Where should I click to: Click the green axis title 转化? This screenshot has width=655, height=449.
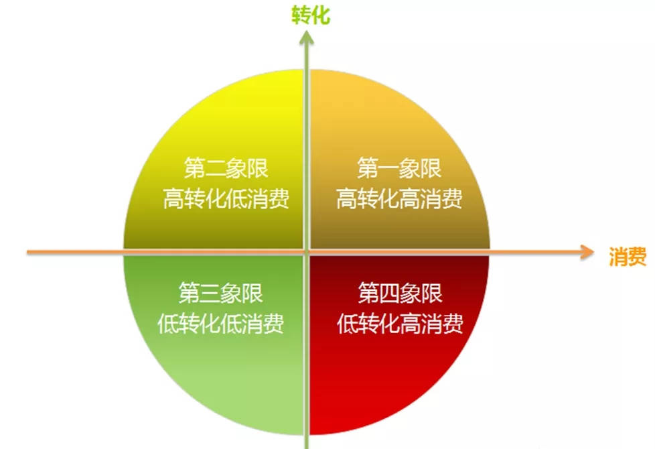click(x=311, y=15)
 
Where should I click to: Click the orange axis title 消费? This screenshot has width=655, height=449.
click(x=628, y=256)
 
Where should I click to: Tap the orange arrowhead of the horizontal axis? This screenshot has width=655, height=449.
click(x=587, y=252)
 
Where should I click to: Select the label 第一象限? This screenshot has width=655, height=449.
click(x=399, y=168)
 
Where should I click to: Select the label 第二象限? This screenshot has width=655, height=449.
click(x=226, y=168)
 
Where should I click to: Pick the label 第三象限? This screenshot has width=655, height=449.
click(x=220, y=293)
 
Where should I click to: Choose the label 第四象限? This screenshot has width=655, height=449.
click(x=401, y=293)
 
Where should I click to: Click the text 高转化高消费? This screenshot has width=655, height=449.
click(x=399, y=198)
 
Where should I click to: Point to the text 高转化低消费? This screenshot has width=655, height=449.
click(x=226, y=198)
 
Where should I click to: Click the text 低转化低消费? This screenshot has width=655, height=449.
click(x=220, y=323)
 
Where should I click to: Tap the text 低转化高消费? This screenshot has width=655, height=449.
click(x=401, y=323)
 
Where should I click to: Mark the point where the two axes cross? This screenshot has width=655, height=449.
click(x=307, y=252)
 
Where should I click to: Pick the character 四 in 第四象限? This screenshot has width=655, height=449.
click(x=390, y=293)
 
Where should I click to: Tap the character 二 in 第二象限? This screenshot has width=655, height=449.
click(x=216, y=168)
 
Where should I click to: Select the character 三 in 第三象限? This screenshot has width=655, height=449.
click(x=210, y=293)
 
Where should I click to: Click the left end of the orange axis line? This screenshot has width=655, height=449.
click(x=27, y=252)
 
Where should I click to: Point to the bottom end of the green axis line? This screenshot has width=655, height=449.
click(x=307, y=448)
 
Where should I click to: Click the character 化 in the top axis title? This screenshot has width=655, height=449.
click(x=321, y=15)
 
